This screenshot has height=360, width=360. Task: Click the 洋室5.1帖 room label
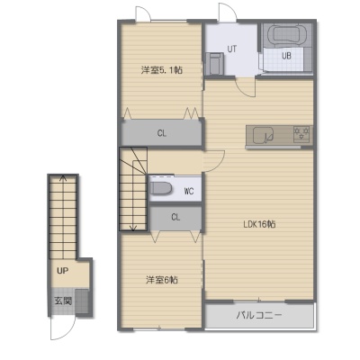click(x=162, y=70)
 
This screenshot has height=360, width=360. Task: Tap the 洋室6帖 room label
click(x=162, y=280)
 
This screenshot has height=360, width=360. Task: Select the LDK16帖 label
click(x=259, y=224)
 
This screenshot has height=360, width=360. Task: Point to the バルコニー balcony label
click(x=259, y=315)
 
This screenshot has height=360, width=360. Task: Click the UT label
click(x=231, y=49)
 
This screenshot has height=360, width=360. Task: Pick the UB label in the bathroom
click(x=286, y=56)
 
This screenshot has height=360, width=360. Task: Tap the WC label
click(x=189, y=191)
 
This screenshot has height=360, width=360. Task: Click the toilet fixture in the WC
click(x=161, y=188)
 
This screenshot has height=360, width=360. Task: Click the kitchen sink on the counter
click(x=263, y=136)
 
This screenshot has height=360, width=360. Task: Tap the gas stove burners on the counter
click(x=301, y=134)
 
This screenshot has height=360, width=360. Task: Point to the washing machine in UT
click(x=214, y=63)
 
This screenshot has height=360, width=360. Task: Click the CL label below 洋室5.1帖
click(x=162, y=133)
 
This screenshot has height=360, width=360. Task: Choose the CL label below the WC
click(x=175, y=217)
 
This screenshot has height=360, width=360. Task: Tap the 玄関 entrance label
click(x=63, y=301)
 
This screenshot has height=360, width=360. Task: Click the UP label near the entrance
click(x=62, y=271)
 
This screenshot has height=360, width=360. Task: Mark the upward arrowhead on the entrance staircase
click(x=63, y=178)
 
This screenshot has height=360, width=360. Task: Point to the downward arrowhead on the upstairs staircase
click(x=133, y=229)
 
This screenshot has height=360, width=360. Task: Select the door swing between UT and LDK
click(x=245, y=90)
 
